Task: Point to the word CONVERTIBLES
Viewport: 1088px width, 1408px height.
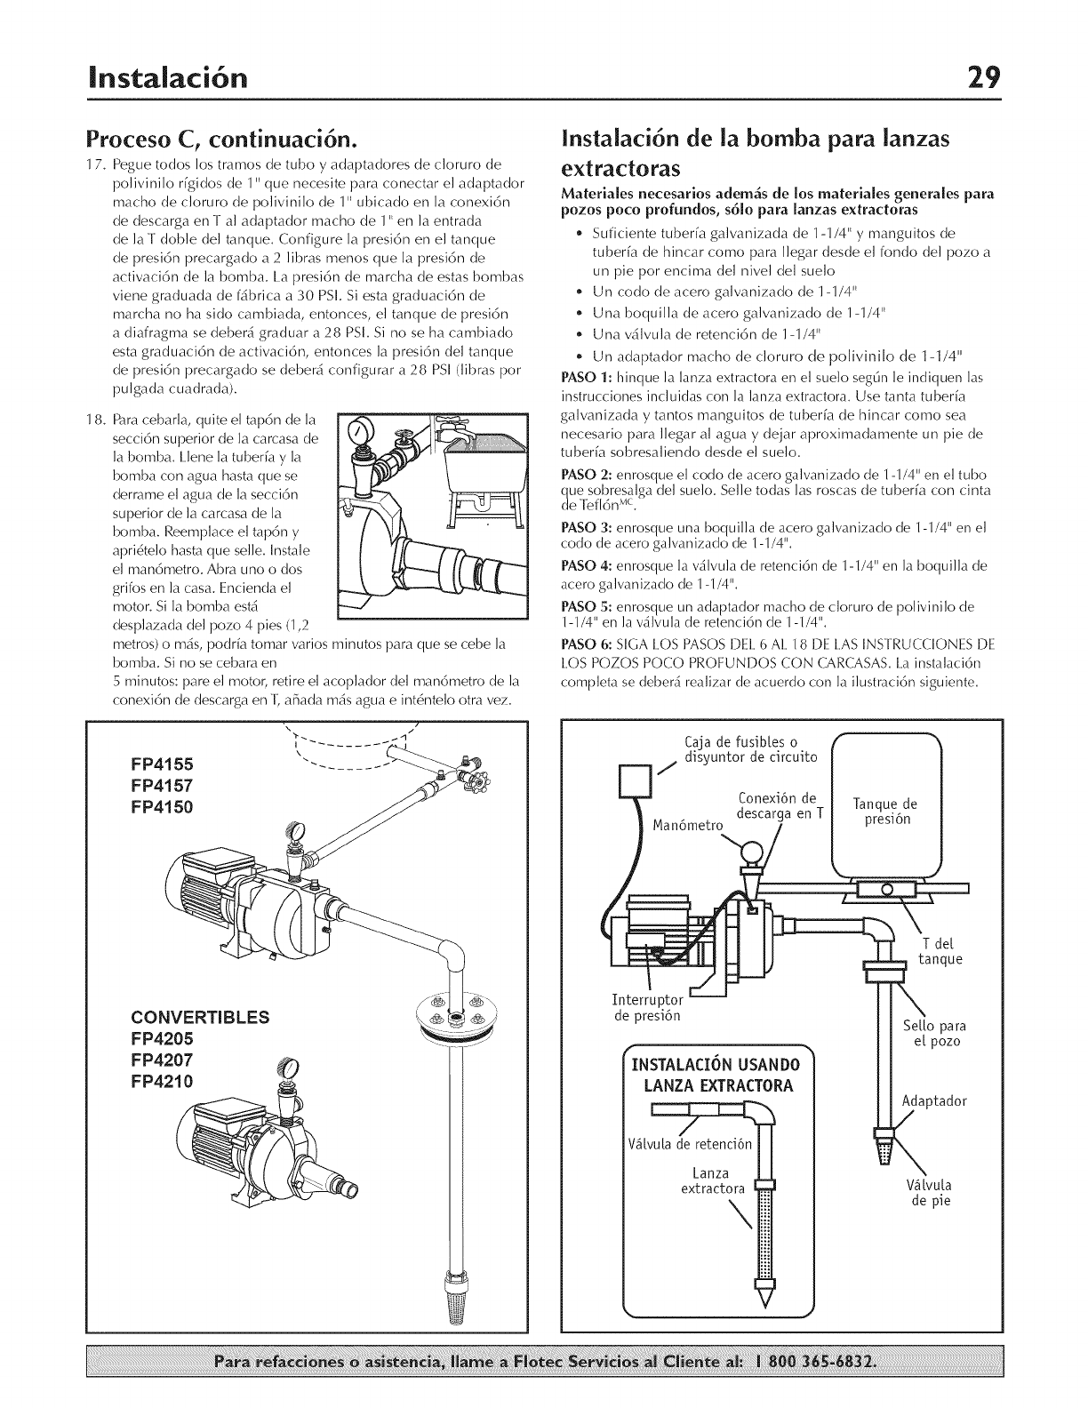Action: click(200, 1017)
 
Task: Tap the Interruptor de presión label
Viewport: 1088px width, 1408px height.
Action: click(648, 1008)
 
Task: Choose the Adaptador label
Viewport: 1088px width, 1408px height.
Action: click(934, 1100)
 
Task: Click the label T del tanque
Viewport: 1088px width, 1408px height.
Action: click(940, 951)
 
